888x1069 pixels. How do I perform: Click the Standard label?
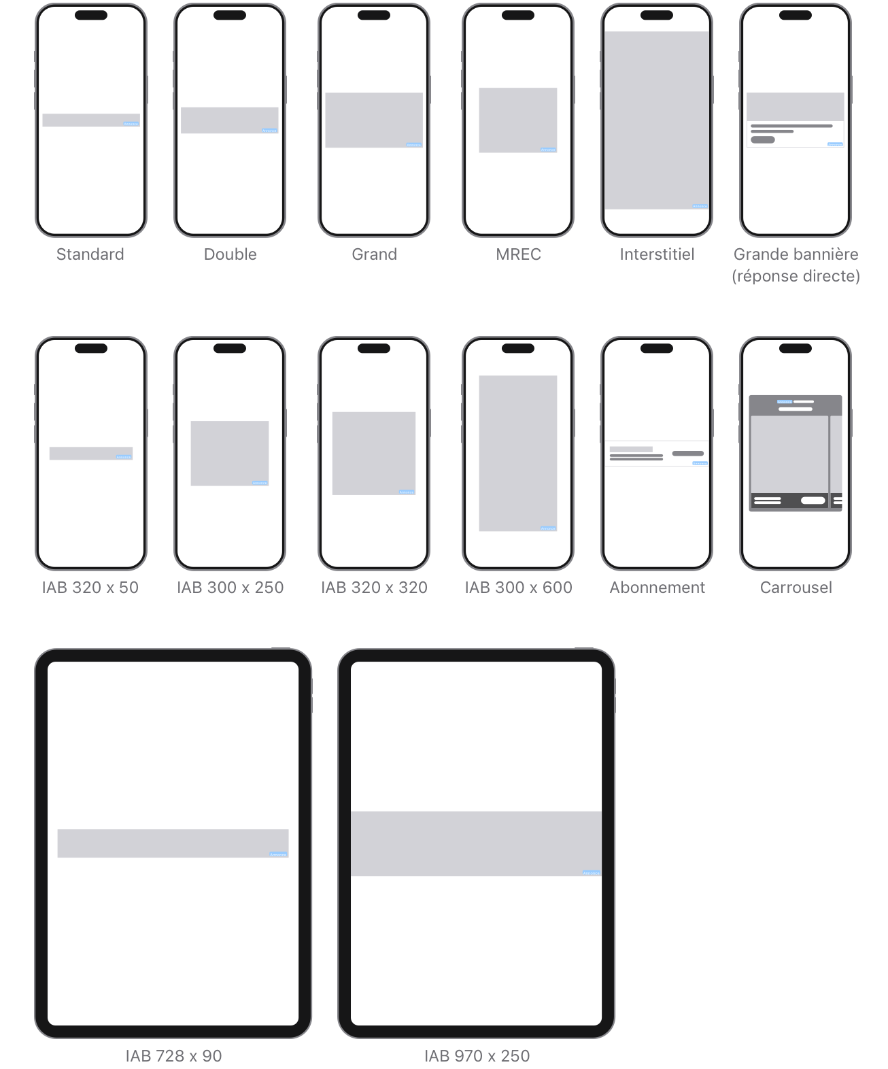tap(90, 254)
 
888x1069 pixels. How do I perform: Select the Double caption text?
tap(230, 254)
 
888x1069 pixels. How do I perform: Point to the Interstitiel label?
tap(657, 254)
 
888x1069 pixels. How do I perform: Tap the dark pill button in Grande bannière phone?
tap(762, 140)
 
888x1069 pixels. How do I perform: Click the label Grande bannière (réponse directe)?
tap(796, 265)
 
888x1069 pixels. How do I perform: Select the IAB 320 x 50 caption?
tap(90, 588)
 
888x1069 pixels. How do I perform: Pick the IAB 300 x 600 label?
tap(518, 588)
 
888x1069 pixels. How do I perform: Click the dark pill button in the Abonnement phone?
tap(687, 454)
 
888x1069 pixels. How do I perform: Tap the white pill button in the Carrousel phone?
tap(813, 500)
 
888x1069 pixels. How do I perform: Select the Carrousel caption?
tap(796, 588)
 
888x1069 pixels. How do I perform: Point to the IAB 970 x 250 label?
tap(477, 1056)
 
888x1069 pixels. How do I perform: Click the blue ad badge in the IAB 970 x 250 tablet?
tap(592, 873)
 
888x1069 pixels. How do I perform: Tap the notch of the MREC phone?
tap(518, 15)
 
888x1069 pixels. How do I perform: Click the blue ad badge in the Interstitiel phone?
tap(700, 206)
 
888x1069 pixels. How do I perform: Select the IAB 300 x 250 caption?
tap(230, 588)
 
